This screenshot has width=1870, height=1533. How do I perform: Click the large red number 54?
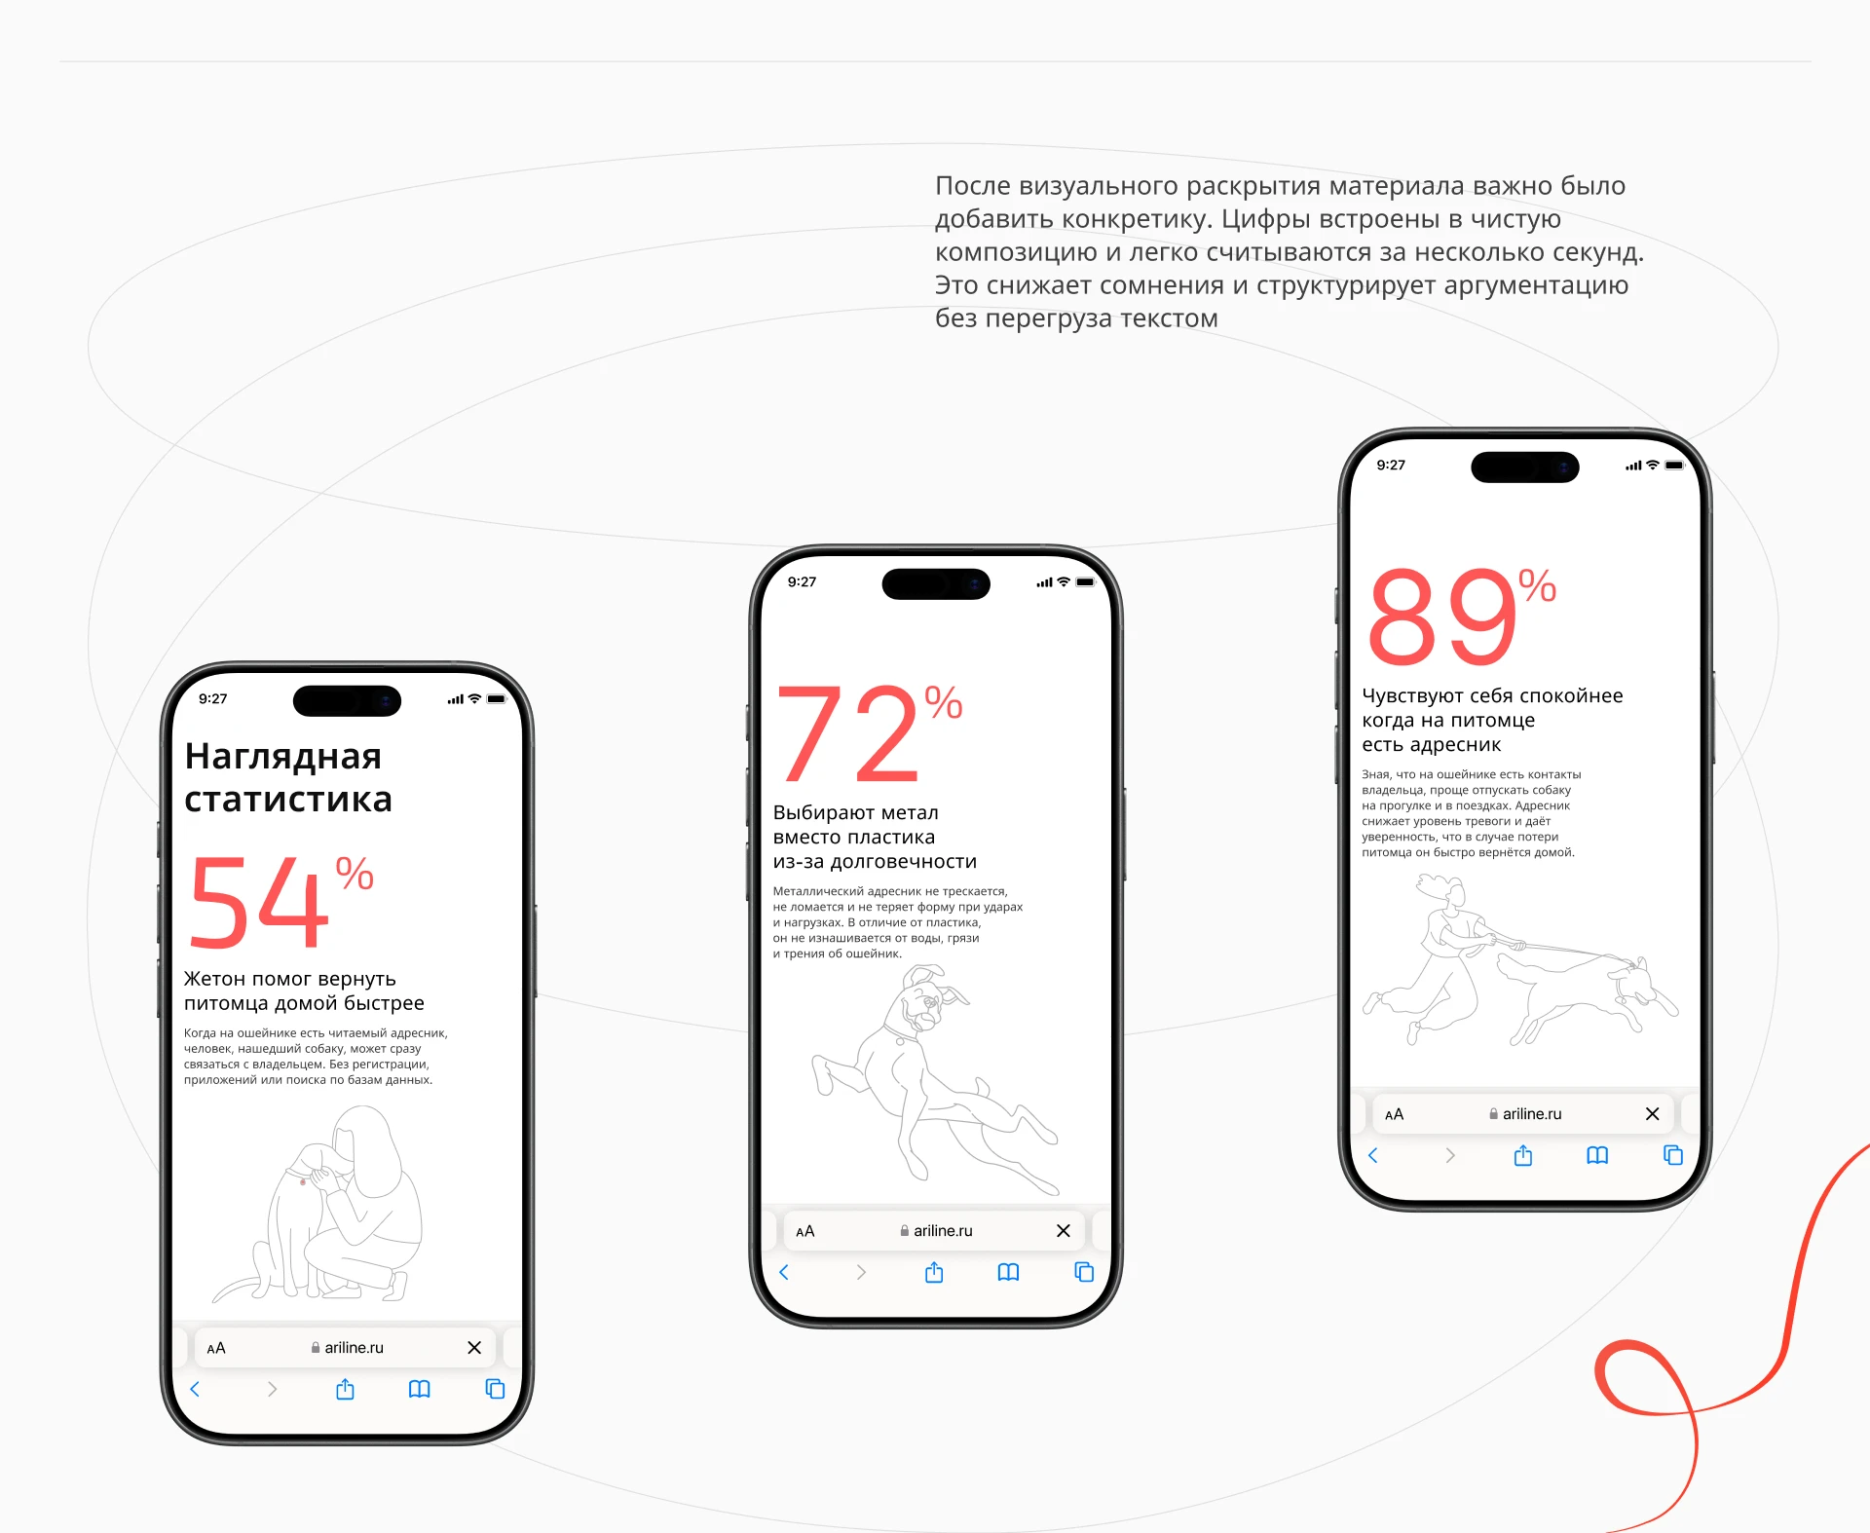(x=258, y=902)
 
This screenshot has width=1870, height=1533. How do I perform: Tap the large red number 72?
(x=847, y=732)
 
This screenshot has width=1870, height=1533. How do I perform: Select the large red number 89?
(x=1442, y=616)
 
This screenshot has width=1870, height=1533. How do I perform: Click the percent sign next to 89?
(x=1537, y=586)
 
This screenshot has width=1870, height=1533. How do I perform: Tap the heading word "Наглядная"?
(x=282, y=756)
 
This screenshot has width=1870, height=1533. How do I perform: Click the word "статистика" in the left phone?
(x=288, y=800)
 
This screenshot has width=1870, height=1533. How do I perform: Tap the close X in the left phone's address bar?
(x=474, y=1348)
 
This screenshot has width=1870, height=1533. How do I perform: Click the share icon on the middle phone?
(x=934, y=1272)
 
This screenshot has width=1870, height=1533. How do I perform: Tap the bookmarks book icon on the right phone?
(x=1597, y=1155)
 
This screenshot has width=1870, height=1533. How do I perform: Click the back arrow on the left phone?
(x=195, y=1389)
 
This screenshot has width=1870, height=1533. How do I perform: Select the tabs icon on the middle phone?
(x=1084, y=1272)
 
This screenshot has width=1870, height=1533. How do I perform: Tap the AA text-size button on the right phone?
(x=1394, y=1114)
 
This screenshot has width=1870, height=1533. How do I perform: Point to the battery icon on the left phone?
(x=497, y=699)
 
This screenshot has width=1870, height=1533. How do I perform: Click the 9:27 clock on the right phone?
(x=1391, y=466)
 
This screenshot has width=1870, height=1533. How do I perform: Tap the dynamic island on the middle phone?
(x=936, y=584)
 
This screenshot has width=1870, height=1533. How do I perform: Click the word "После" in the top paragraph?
(x=973, y=186)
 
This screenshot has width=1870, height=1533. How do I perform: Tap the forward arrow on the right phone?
(x=1450, y=1155)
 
